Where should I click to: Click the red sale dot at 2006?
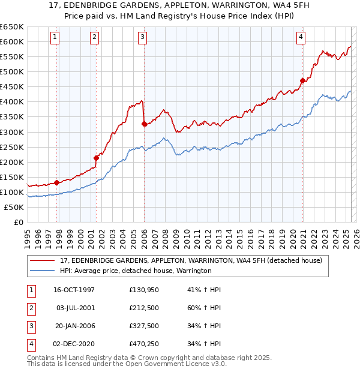pos(144,124)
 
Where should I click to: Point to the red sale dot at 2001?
pos(96,158)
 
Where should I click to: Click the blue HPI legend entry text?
pos(136,271)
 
